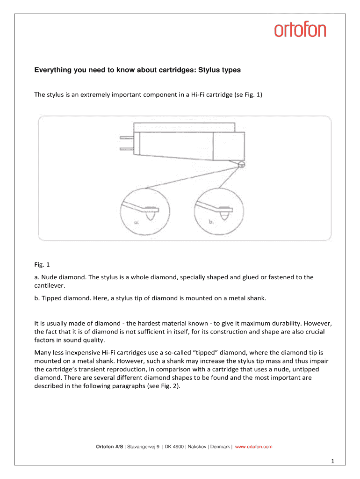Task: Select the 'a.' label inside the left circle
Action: tap(137, 222)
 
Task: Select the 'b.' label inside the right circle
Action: tap(211, 222)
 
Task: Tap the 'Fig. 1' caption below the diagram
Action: tap(42, 264)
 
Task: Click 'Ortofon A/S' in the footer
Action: tap(110, 447)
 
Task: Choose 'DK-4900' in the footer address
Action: tap(174, 447)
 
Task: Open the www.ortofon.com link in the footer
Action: tap(253, 447)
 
